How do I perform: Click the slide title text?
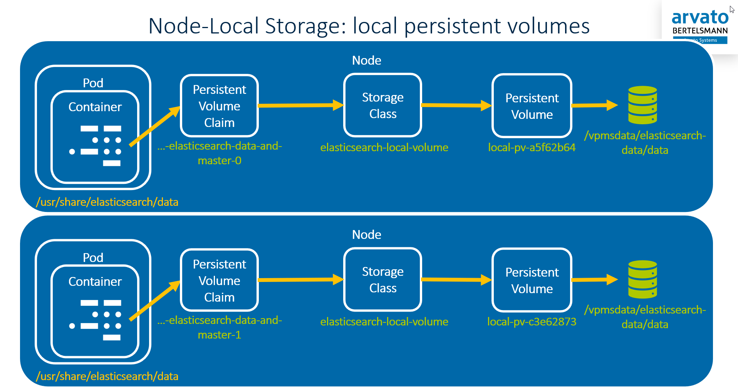click(369, 26)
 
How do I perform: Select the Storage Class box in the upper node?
click(382, 105)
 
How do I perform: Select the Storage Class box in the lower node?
click(382, 280)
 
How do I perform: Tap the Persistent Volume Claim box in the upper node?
click(219, 106)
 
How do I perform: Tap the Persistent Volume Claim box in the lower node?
click(219, 280)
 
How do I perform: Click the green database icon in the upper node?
click(642, 105)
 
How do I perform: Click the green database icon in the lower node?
click(642, 279)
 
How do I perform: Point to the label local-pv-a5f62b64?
click(532, 147)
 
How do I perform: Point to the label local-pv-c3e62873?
click(532, 322)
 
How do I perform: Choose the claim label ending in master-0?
click(220, 153)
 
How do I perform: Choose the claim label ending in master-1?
click(220, 327)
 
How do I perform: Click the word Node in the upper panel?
click(366, 60)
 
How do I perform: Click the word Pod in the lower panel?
click(93, 257)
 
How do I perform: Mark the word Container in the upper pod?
click(95, 107)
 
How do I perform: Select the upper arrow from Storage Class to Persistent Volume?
click(456, 105)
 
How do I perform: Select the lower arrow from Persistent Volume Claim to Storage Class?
click(300, 280)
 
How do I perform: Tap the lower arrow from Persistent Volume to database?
click(594, 280)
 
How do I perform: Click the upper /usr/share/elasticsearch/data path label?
click(107, 202)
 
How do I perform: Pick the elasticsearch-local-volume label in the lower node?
click(384, 322)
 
